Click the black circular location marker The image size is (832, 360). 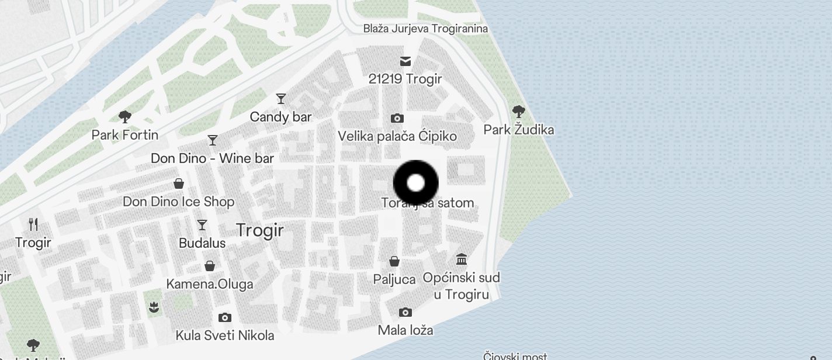pyautogui.click(x=415, y=183)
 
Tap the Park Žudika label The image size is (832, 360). pyautogui.click(x=519, y=130)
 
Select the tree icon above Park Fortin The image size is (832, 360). pyautogui.click(x=124, y=117)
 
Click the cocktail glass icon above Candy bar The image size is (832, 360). pyautogui.click(x=281, y=99)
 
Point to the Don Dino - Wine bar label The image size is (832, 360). pyautogui.click(x=212, y=158)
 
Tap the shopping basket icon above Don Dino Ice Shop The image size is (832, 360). pyautogui.click(x=179, y=184)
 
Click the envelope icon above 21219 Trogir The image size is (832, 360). pyautogui.click(x=405, y=61)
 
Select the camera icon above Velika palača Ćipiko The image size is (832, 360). pyautogui.click(x=397, y=119)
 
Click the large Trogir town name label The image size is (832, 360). pyautogui.click(x=260, y=230)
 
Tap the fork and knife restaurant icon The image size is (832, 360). pyautogui.click(x=33, y=224)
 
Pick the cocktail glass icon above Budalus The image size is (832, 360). pyautogui.click(x=202, y=225)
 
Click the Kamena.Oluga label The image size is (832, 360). pyautogui.click(x=210, y=285)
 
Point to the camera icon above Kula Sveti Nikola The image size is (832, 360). pyautogui.click(x=224, y=318)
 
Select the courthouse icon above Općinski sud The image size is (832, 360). pyautogui.click(x=462, y=259)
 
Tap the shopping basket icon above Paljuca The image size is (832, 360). pyautogui.click(x=394, y=261)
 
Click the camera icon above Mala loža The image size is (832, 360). pyautogui.click(x=405, y=313)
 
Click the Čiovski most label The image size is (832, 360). pyautogui.click(x=515, y=356)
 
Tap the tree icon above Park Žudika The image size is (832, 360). pyautogui.click(x=518, y=111)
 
